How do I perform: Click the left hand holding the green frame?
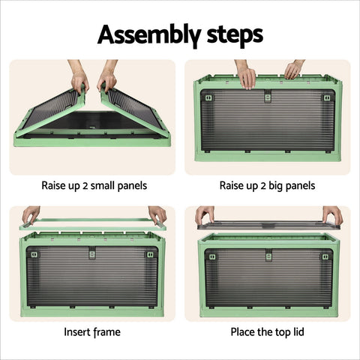pos(31,215)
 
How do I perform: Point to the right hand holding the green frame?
pos(157,215)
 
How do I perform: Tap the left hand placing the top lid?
pos(205,215)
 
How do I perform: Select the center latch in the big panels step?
pos(268,97)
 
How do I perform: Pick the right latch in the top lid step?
pos(325,256)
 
